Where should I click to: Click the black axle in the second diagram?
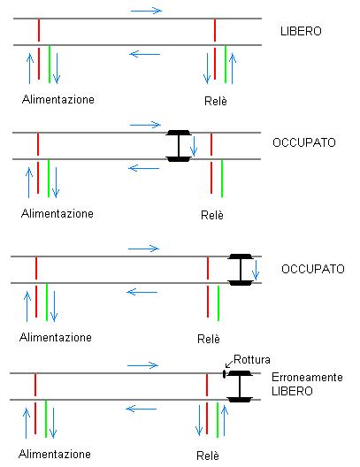tap(179, 146)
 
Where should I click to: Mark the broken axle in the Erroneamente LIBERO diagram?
tap(237, 387)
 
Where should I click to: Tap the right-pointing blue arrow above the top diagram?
tap(146, 10)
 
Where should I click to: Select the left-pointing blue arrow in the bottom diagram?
tap(144, 408)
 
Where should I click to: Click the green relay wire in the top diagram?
tap(226, 64)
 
